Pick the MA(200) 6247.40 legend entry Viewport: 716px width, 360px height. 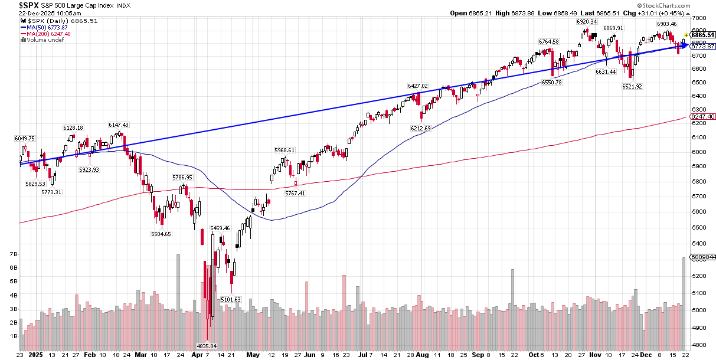coord(48,34)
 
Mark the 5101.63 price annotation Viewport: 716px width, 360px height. coord(231,299)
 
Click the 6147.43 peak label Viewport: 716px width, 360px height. coord(119,125)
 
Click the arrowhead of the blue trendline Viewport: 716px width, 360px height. coord(685,45)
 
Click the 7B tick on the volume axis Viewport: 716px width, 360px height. coord(13,254)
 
